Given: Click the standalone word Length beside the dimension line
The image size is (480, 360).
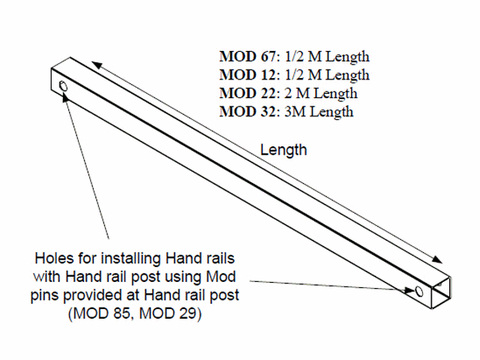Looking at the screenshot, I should pyautogui.click(x=283, y=150).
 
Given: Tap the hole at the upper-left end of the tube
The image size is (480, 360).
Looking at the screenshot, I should pyautogui.click(x=63, y=88).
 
